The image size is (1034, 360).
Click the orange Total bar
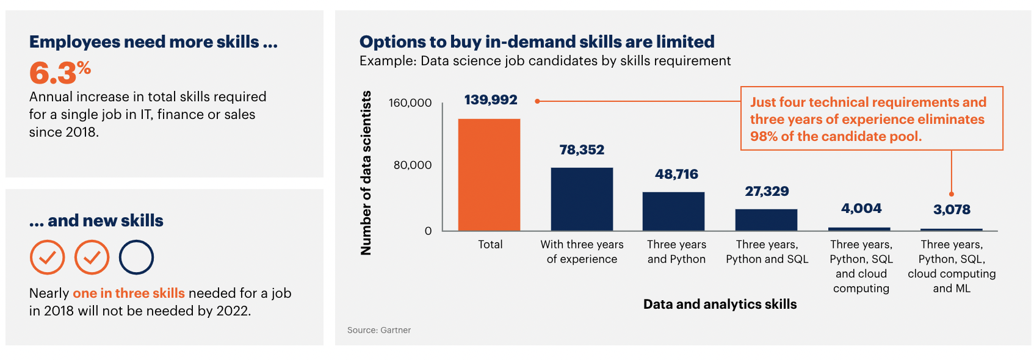pos(489,175)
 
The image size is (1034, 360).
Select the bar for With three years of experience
pos(582,199)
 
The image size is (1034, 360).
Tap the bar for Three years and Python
pos(673,211)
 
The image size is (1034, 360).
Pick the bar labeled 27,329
pos(766,220)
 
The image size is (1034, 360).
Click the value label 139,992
pos(491,100)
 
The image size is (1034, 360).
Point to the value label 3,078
pos(952,210)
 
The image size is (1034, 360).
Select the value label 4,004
pos(861,209)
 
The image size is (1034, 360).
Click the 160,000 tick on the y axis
pos(410,103)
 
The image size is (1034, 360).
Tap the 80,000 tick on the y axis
pos(413,165)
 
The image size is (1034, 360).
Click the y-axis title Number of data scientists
pos(366,173)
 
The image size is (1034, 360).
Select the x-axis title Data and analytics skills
pos(720,304)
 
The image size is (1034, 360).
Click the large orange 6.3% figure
pos(60,73)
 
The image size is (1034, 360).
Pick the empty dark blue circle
pos(136,257)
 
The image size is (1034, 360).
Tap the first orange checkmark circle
pos(47,257)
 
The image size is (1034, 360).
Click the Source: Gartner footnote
pos(379,330)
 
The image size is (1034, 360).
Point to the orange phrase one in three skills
pos(129,293)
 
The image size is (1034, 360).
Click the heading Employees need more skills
pos(153,42)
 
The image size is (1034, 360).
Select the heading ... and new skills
pos(96,221)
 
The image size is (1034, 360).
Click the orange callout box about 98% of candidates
pos(871,119)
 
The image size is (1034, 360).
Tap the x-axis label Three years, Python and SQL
pos(767,252)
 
